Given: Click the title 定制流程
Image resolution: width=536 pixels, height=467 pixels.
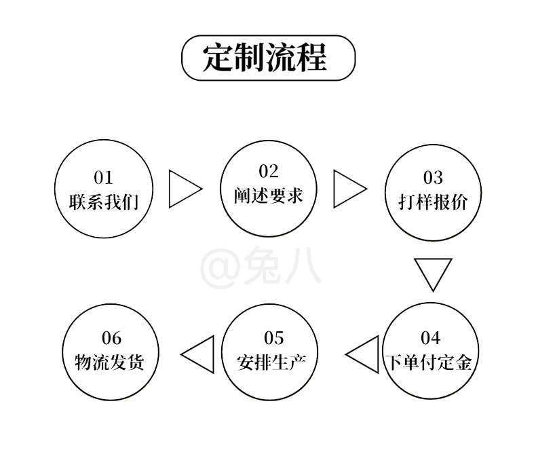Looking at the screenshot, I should [268, 58].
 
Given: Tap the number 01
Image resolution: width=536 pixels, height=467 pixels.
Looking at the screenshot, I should [104, 178].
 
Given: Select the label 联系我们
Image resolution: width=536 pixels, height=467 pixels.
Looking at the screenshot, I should [104, 202].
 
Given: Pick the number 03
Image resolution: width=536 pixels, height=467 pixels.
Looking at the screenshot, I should [433, 178].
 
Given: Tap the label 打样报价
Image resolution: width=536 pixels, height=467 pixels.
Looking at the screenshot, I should [433, 202].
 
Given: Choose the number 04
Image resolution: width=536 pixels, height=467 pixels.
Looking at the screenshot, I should [430, 337].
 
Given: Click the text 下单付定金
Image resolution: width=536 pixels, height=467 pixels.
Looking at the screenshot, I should [430, 362].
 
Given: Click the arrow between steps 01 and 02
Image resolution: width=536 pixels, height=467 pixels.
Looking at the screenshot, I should [183, 188].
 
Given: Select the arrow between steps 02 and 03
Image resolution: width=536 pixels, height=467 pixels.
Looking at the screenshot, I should [347, 188].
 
